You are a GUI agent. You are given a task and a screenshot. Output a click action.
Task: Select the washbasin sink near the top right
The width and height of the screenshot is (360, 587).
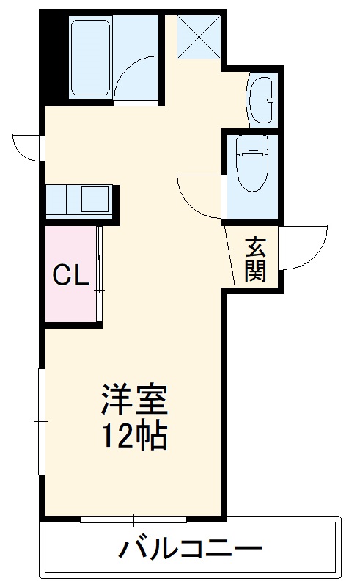click(260, 99)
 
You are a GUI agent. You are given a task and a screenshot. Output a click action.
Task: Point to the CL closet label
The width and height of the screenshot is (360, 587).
click(71, 275)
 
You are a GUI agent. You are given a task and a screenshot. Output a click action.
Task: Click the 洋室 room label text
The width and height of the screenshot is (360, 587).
click(135, 401)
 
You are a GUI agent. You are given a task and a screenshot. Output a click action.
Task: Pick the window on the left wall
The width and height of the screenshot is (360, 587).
click(41, 422)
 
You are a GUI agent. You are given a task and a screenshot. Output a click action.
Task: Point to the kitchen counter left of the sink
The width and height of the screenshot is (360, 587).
click(56, 199)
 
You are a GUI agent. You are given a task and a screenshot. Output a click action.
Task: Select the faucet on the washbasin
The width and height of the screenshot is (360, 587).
click(270, 99)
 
